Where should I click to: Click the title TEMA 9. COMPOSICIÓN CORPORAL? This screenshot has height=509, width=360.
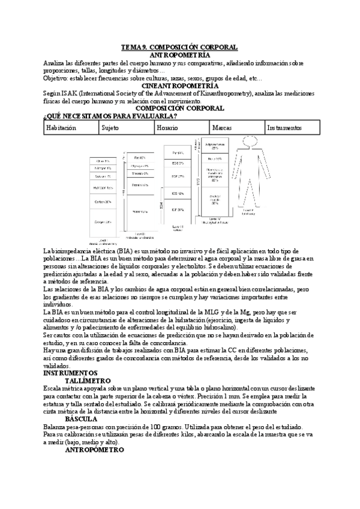click(x=179, y=47)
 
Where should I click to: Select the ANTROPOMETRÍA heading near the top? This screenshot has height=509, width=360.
click(x=179, y=55)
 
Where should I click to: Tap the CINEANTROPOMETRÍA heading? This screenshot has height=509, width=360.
click(x=179, y=86)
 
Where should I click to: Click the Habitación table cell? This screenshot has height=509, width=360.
click(x=61, y=128)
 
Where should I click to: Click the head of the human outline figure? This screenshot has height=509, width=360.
click(x=246, y=142)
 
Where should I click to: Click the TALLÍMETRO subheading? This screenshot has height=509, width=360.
click(x=87, y=381)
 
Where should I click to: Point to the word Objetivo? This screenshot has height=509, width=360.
click(x=57, y=78)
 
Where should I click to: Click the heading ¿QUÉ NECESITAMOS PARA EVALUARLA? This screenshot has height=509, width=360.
click(x=110, y=116)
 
